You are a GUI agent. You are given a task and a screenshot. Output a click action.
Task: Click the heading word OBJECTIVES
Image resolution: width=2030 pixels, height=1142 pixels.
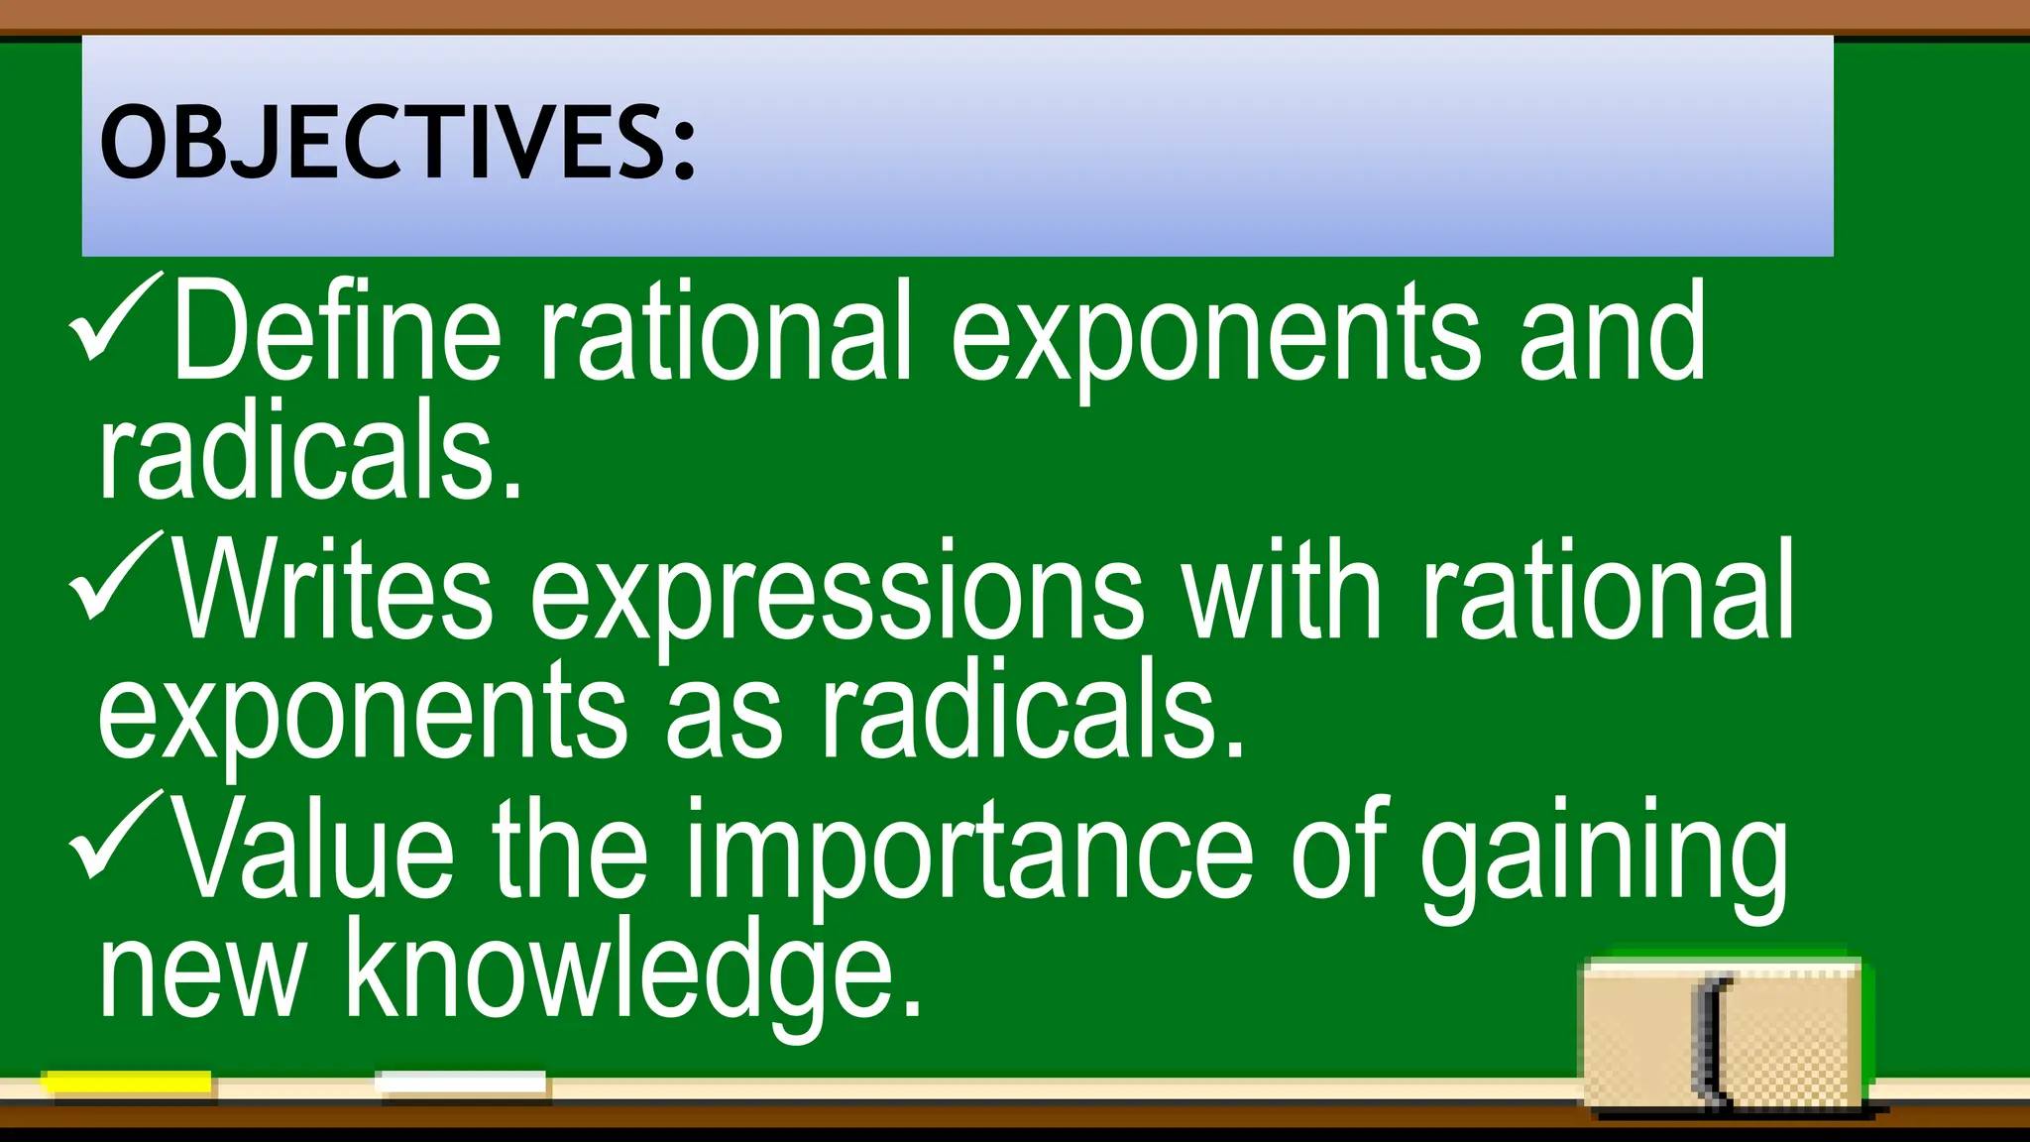tap(396, 144)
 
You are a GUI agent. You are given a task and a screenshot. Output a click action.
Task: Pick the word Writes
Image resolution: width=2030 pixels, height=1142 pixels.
tap(333, 590)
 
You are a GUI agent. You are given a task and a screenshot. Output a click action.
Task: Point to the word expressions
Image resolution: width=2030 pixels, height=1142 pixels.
tap(838, 595)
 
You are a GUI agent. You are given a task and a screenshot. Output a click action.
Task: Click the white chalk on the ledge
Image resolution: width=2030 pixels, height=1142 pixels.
tap(462, 1084)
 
